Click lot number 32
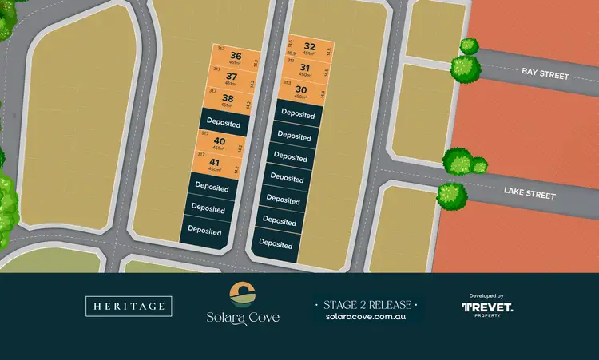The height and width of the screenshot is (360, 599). [x=310, y=47]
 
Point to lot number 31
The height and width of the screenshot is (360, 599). [x=304, y=69]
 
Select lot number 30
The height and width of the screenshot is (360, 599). [x=301, y=90]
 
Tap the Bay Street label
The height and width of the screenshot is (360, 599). [x=545, y=74]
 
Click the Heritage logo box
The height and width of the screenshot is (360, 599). [x=129, y=306]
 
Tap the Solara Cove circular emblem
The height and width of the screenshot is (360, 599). [x=241, y=293]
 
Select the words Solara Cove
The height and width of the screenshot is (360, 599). [x=241, y=318]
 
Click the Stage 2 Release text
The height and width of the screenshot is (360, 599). [x=367, y=304]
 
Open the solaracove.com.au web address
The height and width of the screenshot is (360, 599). [x=367, y=317]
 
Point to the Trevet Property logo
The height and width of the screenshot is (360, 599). [x=487, y=308]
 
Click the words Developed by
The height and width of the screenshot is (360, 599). [x=487, y=295]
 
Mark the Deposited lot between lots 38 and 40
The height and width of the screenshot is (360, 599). [x=223, y=121]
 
